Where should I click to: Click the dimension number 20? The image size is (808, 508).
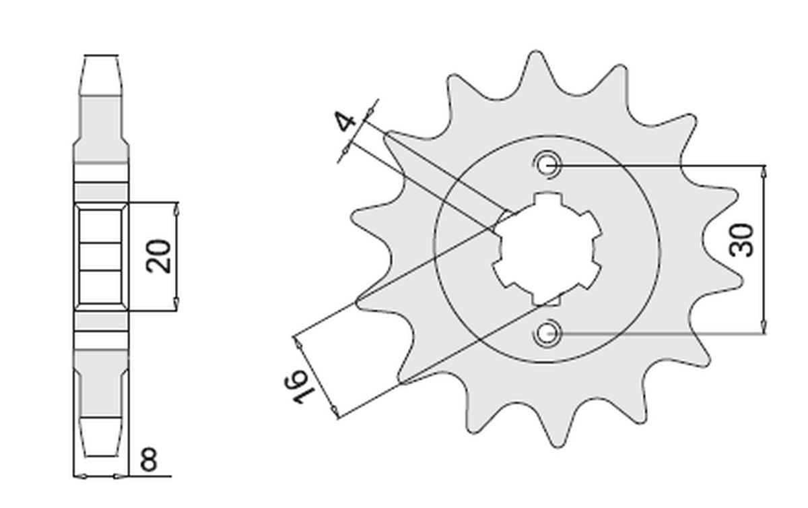tap(158, 256)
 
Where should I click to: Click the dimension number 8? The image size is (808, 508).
tap(149, 459)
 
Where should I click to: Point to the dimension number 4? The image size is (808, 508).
tap(345, 121)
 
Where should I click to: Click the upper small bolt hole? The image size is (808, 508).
tap(547, 165)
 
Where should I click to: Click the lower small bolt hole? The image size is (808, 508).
tap(547, 333)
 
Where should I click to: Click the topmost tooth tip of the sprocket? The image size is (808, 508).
tap(536, 52)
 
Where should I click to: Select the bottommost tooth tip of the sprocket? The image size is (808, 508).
tap(558, 447)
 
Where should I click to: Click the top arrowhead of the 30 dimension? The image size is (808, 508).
tap(764, 172)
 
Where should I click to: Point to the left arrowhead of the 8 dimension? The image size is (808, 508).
tap(80, 476)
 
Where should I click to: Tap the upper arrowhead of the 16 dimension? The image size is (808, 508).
tap(298, 343)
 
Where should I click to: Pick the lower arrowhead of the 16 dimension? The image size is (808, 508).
tap(335, 411)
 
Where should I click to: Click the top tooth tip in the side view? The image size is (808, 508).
tap(101, 56)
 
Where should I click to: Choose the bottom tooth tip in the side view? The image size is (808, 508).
tap(101, 455)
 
